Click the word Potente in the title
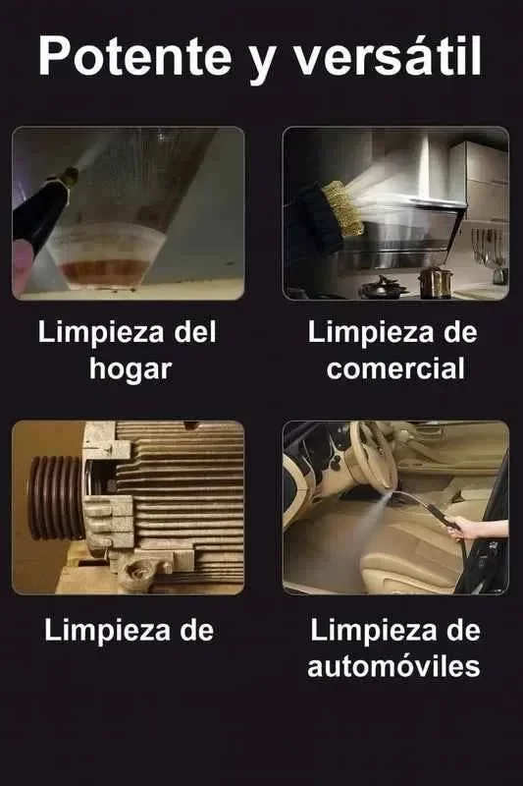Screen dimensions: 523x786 pyautogui.click(x=135, y=56)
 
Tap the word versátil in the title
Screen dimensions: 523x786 pyautogui.click(x=387, y=55)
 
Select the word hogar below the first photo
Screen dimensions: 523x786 pyautogui.click(x=131, y=370)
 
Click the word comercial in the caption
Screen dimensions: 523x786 pyautogui.click(x=395, y=368)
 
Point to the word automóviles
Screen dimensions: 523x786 pyautogui.click(x=393, y=666)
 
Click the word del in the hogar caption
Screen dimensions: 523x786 pyautogui.click(x=195, y=332)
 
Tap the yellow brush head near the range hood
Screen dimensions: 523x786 pyautogui.click(x=342, y=209)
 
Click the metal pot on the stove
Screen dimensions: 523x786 pyautogui.click(x=436, y=283)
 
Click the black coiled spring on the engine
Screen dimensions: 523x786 pyautogui.click(x=56, y=498)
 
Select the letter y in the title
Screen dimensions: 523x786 pyautogui.click(x=261, y=63)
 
